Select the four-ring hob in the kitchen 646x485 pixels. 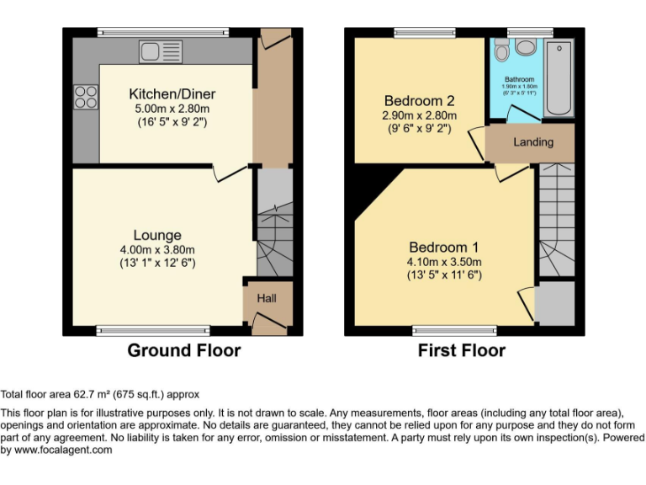[x=86, y=97]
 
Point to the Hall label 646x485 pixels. [x=267, y=298]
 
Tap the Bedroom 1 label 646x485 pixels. [x=444, y=248]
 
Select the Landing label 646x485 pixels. [x=533, y=141]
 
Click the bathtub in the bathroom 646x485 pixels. [x=558, y=77]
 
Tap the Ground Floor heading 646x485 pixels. [x=183, y=350]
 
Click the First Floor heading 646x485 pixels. [x=461, y=350]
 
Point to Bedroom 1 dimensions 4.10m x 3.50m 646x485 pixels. [x=444, y=261]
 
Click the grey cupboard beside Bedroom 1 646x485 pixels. [x=554, y=303]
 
